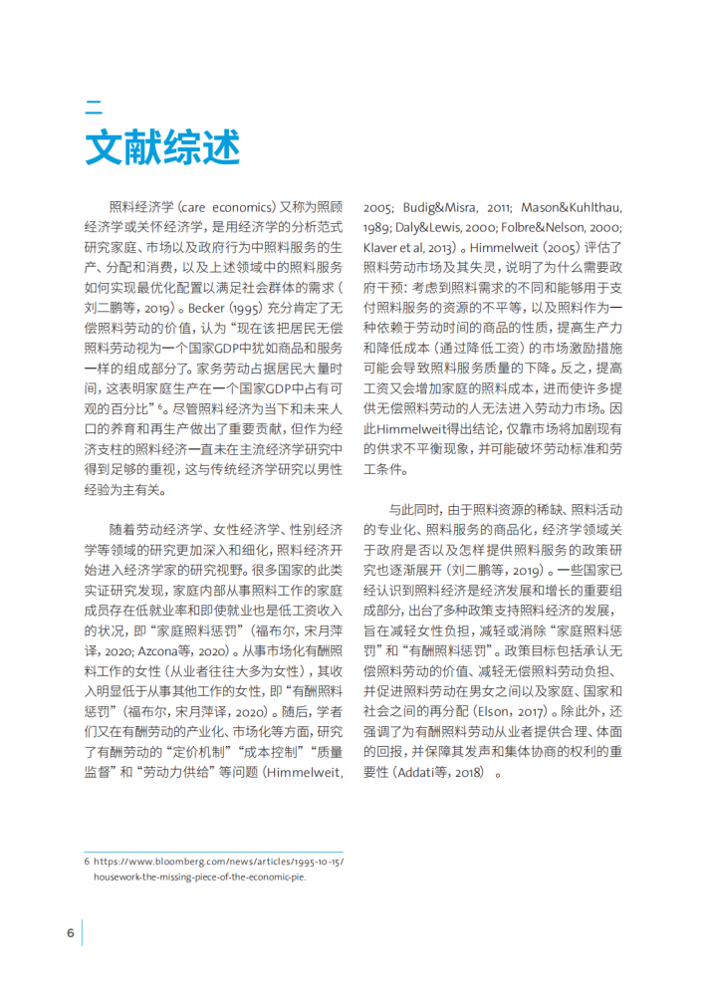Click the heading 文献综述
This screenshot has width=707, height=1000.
(x=162, y=147)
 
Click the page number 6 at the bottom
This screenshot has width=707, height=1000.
(x=71, y=932)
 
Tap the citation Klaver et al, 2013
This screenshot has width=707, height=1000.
(x=409, y=246)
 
